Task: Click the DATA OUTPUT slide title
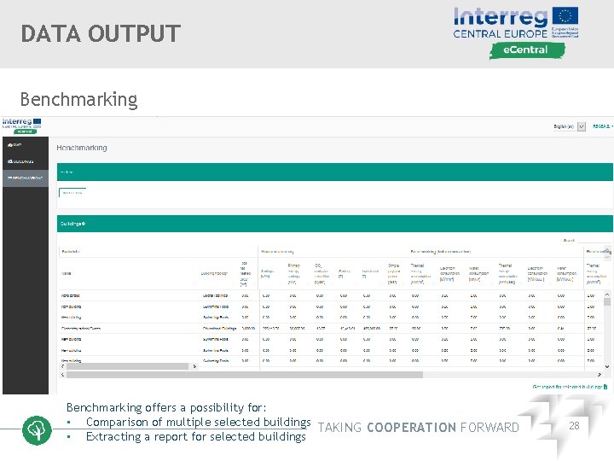coord(101,34)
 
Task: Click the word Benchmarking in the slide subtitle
coord(78,99)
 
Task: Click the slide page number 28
coord(574,425)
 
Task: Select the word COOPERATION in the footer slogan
coord(411,428)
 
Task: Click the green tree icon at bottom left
coord(37,429)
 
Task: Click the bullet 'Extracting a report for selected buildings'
coord(195,436)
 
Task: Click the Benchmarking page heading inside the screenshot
coord(82,148)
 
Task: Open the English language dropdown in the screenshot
coord(582,126)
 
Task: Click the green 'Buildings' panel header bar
coord(333,224)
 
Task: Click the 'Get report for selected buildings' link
coord(570,386)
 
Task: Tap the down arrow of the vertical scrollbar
coord(608,365)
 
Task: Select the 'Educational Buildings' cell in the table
coord(218,327)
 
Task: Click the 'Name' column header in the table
coord(67,273)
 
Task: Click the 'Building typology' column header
coord(215,273)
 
